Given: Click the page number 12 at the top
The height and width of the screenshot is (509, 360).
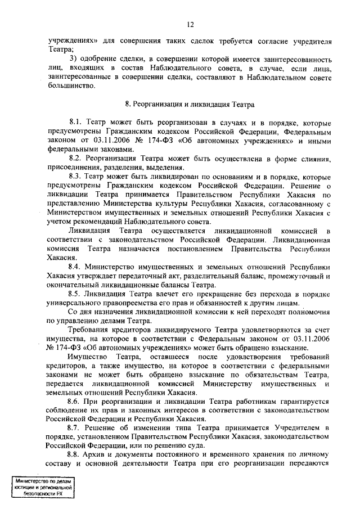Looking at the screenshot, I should click(191, 24).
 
